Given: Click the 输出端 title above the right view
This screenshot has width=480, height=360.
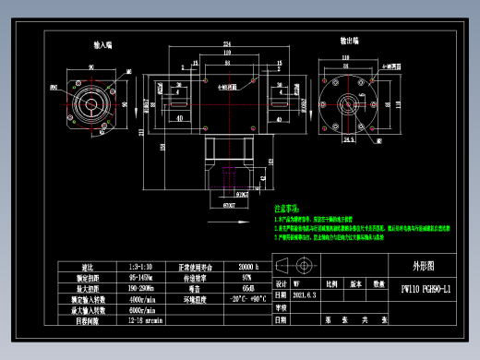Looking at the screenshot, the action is click(x=349, y=42).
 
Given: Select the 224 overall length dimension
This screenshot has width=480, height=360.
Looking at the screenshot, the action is click(x=226, y=44).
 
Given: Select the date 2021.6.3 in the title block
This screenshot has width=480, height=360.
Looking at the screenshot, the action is click(x=307, y=296).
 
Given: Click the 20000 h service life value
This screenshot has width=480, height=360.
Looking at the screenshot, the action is click(x=246, y=266).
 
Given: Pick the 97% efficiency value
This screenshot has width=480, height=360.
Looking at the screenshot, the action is click(x=246, y=276).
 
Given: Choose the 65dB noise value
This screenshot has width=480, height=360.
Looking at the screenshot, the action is click(x=246, y=287).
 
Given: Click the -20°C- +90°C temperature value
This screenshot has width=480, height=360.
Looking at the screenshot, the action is click(x=246, y=299).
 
